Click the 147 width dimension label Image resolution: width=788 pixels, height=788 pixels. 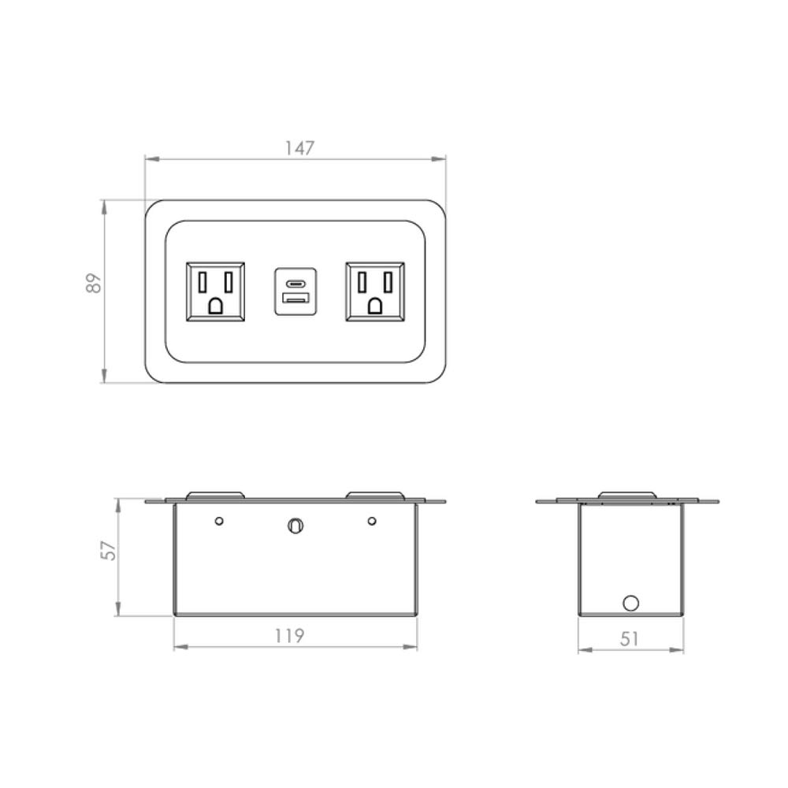point(299,147)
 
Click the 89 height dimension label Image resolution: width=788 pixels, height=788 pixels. point(94,283)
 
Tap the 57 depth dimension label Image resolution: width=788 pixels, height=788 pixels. point(110,548)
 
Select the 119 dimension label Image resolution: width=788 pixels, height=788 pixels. point(290,635)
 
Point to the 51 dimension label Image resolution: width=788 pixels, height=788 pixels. point(629,639)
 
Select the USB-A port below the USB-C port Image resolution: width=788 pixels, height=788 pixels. point(295,300)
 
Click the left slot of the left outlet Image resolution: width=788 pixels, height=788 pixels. point(203,281)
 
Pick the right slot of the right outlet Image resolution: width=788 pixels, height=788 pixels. point(387,281)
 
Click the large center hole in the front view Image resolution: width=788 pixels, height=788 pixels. point(295,526)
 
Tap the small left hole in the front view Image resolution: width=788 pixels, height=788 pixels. point(220,521)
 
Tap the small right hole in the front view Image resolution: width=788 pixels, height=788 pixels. point(372,521)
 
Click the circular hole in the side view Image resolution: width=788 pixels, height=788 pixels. point(630,604)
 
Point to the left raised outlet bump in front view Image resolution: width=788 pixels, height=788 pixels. point(215,496)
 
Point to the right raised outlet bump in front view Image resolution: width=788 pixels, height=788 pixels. point(375,496)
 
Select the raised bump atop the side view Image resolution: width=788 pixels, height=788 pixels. point(626,496)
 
